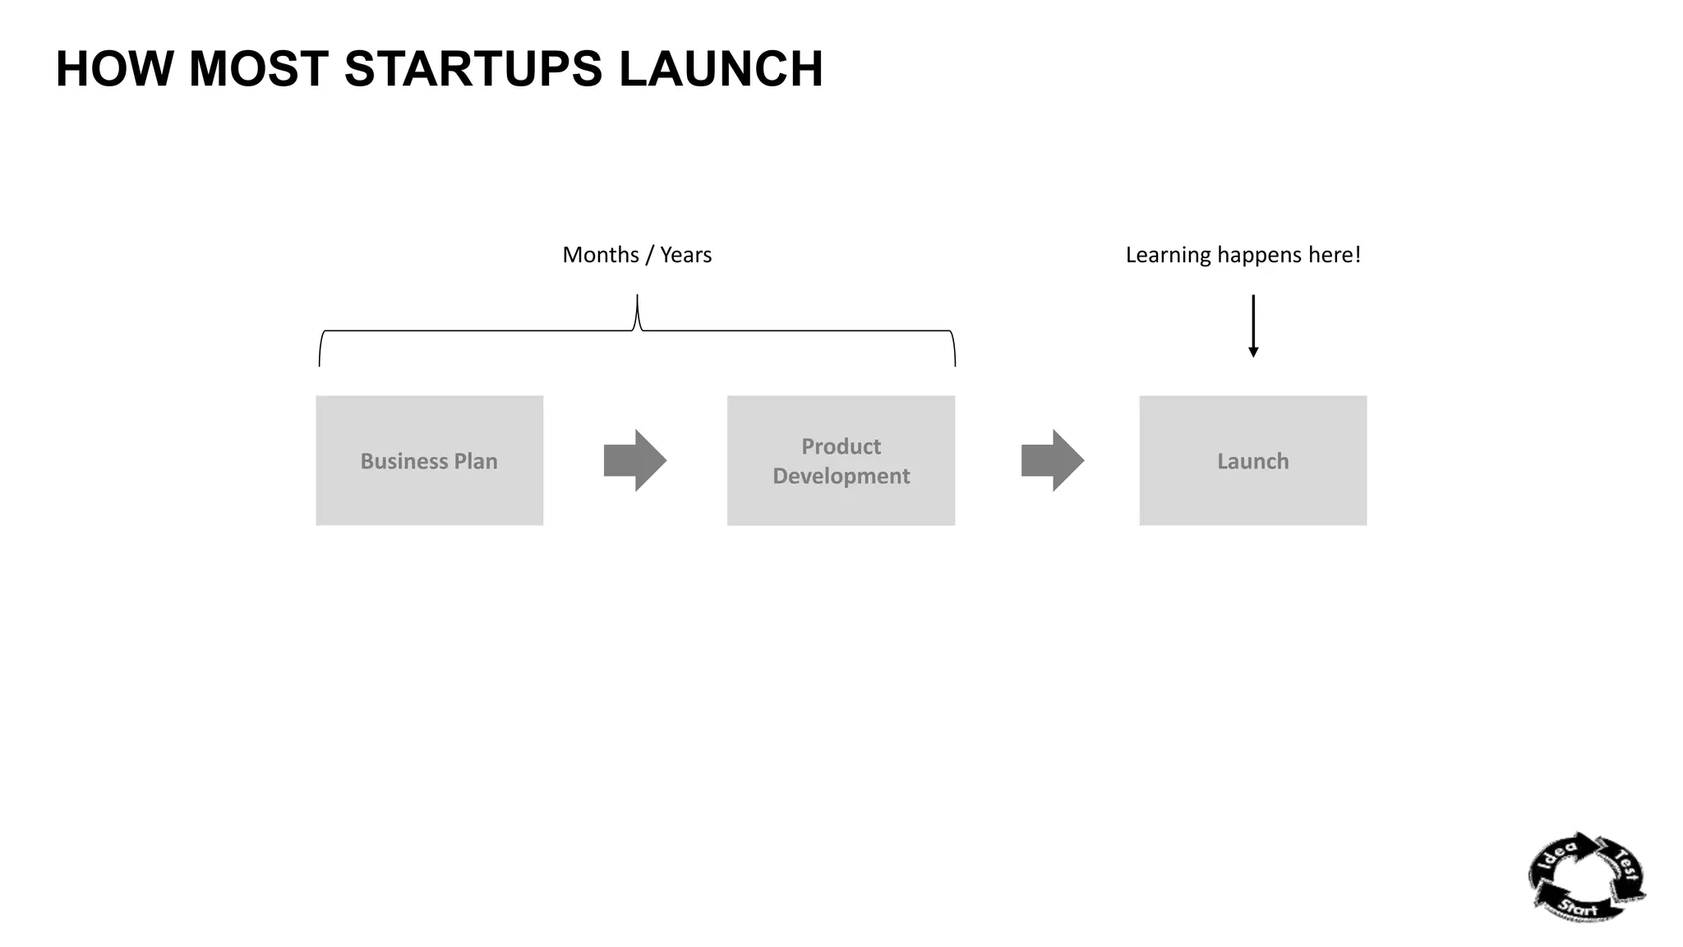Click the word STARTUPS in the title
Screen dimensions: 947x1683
[x=473, y=69]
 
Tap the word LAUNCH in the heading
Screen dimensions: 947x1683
[x=720, y=69]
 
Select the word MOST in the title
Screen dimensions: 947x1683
[x=258, y=69]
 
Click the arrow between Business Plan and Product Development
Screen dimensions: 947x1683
[x=634, y=460]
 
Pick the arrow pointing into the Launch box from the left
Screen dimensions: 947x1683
[x=1052, y=460]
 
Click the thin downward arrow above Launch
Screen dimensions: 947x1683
[x=1252, y=326]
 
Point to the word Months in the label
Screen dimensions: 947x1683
[x=600, y=255]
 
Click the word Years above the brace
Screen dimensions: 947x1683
[x=685, y=255]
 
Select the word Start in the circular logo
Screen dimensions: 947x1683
[x=1578, y=908]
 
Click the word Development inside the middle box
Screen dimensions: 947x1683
[x=841, y=476]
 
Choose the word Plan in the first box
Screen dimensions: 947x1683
[x=476, y=461]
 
